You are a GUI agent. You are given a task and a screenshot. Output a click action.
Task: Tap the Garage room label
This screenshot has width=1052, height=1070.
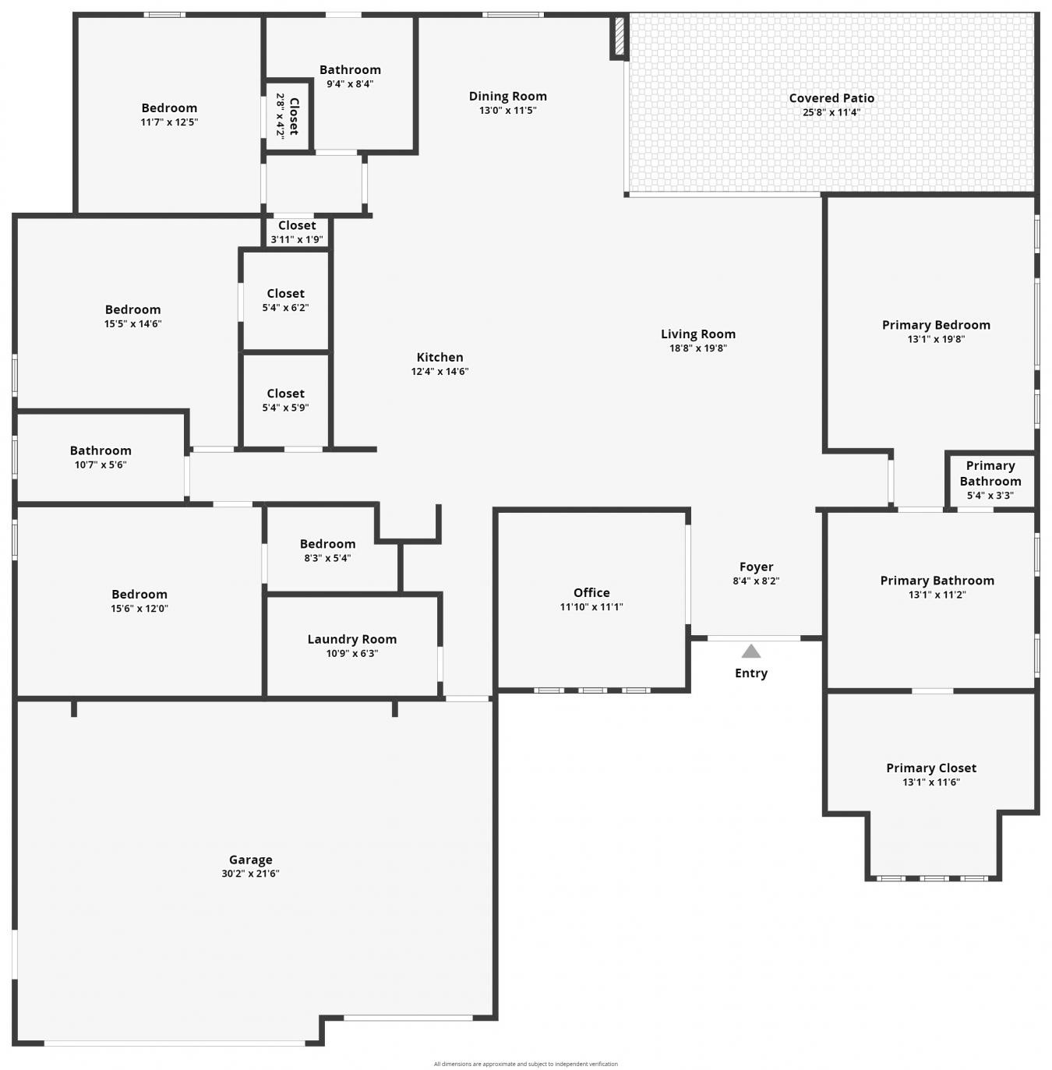[x=250, y=859]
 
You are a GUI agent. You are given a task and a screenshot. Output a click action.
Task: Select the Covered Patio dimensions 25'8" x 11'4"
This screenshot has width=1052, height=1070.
[x=831, y=112]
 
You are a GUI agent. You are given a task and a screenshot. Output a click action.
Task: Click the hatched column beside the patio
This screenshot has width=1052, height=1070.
[x=620, y=37]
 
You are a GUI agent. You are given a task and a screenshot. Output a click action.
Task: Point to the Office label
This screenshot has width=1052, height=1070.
[x=591, y=592]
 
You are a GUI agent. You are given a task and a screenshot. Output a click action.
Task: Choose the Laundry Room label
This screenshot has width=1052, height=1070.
[x=351, y=638]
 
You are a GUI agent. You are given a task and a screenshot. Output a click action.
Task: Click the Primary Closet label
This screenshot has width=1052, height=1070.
[x=931, y=768]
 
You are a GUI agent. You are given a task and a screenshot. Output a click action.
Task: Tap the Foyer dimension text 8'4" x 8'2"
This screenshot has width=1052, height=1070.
[x=755, y=581]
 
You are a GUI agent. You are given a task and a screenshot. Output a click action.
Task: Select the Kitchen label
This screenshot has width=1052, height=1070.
[x=440, y=357]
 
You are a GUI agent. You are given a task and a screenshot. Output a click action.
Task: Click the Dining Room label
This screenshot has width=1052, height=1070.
[x=507, y=96]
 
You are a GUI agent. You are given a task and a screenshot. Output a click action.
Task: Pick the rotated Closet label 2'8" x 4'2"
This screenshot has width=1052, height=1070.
[x=288, y=115]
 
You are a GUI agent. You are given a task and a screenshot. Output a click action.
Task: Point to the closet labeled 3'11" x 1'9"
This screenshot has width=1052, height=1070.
[x=297, y=232]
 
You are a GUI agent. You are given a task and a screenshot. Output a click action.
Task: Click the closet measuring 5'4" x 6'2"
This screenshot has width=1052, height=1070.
[x=285, y=300]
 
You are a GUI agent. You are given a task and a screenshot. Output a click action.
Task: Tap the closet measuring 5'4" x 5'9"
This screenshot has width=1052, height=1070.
[x=285, y=400]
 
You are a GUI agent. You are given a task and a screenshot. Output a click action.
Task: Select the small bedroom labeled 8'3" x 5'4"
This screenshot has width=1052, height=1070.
[x=327, y=550]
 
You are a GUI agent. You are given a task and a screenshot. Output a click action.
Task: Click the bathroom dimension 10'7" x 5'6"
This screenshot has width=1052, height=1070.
[x=101, y=464]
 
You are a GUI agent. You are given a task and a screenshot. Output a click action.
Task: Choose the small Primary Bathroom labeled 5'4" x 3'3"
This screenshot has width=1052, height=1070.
[x=990, y=480]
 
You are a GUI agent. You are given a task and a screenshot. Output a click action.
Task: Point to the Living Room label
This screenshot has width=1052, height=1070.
[x=697, y=334]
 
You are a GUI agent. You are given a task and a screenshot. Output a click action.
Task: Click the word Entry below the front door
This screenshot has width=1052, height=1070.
[x=750, y=673]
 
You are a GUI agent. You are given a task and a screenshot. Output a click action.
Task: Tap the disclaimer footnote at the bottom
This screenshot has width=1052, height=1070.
[x=525, y=1063]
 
